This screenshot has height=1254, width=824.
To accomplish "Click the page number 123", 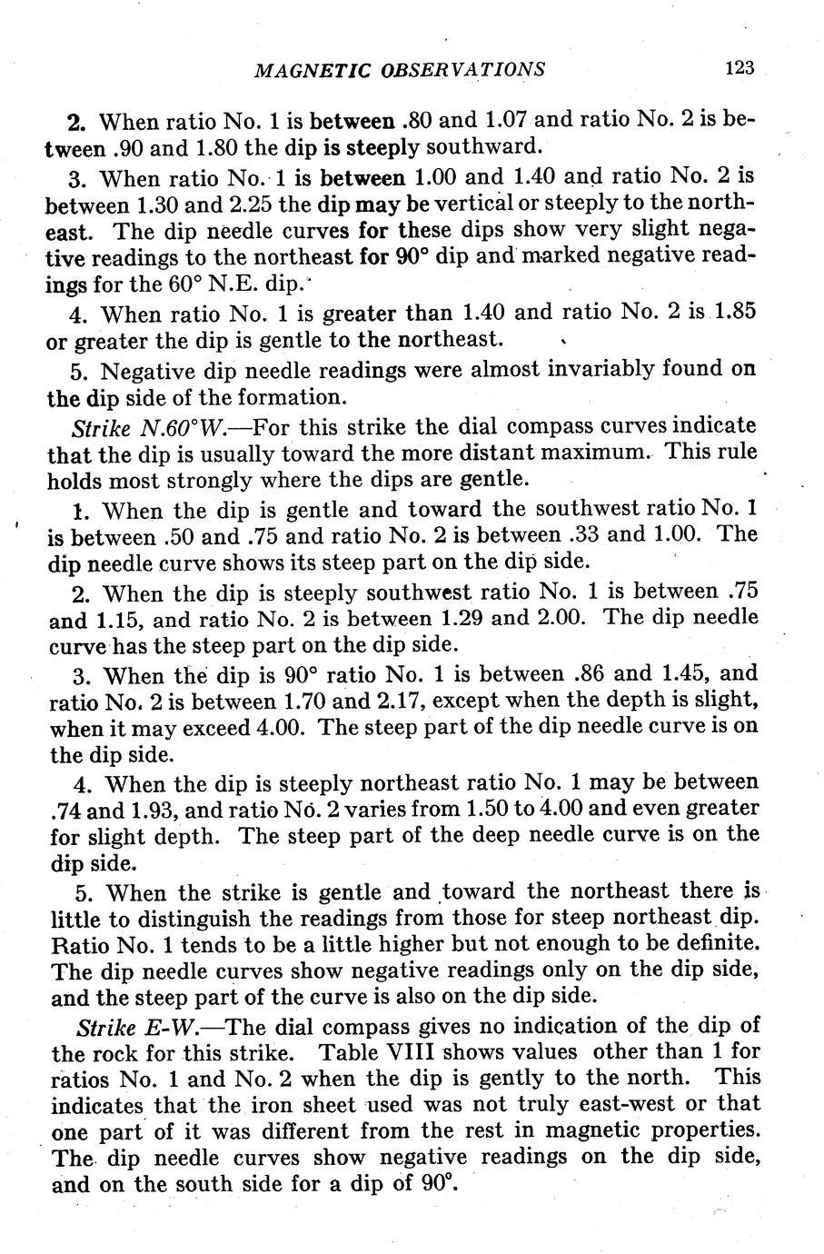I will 740,68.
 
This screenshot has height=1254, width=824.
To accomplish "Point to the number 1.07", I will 511,120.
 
